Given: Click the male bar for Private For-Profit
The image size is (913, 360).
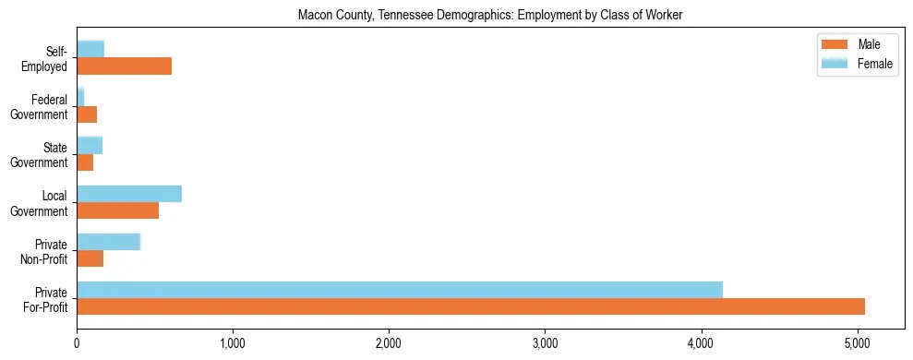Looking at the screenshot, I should (x=471, y=306).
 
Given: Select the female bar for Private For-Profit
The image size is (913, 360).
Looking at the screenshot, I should (x=400, y=290).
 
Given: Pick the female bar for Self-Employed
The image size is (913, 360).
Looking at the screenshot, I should (x=90, y=49).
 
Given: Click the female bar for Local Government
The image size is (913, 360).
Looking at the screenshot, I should (x=129, y=193).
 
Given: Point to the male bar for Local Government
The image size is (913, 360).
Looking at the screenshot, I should (x=117, y=210).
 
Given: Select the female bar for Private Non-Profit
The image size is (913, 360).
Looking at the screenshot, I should (x=108, y=242).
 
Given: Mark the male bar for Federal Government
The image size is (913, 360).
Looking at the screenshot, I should (x=87, y=114).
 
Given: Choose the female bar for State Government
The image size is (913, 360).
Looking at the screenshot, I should (x=90, y=145).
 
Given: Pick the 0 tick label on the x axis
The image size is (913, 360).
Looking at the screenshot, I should (x=77, y=344).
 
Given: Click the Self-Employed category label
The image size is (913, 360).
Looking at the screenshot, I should (x=45, y=58).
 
